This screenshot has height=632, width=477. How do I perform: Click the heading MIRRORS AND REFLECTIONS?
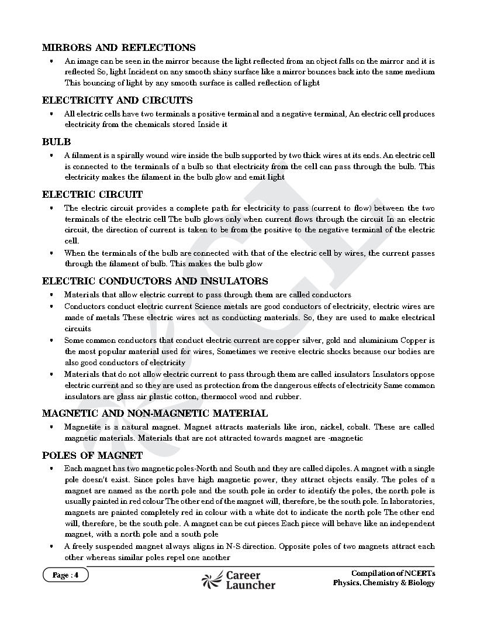119,48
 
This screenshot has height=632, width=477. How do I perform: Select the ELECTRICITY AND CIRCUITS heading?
117,101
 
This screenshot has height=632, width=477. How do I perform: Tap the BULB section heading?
56,142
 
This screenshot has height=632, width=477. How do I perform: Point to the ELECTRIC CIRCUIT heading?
92,195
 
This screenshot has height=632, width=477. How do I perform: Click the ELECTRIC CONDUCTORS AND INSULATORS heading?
155,281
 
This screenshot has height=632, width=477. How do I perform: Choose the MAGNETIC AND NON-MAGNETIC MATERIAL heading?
155,414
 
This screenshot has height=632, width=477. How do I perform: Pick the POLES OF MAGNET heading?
92,456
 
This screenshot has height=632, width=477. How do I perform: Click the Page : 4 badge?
65,575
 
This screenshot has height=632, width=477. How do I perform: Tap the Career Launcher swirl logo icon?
212,579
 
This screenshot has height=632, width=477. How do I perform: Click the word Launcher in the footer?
250,585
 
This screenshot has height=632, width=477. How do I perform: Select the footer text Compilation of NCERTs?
393,573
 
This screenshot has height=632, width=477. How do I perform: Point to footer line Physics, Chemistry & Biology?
384,583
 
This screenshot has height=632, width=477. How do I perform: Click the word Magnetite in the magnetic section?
82,427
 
